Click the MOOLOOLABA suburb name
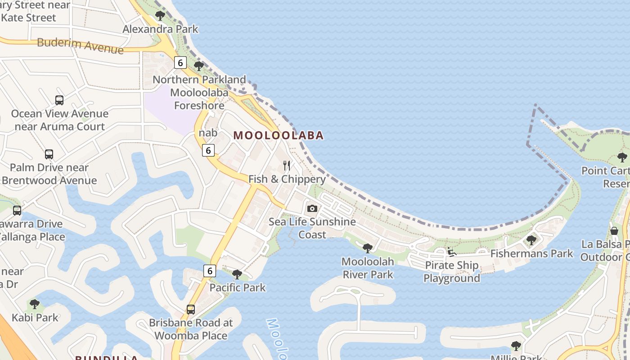click(279, 135)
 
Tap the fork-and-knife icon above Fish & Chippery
click(287, 166)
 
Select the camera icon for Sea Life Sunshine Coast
click(312, 208)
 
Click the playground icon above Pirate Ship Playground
click(452, 252)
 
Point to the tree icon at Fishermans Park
click(531, 240)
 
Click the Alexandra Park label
click(160, 29)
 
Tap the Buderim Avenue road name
click(80, 45)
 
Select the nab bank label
click(208, 133)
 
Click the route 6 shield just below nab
click(208, 150)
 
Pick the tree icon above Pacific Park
click(237, 274)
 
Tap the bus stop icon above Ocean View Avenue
click(59, 100)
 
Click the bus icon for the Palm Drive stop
click(49, 154)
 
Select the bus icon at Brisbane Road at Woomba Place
click(191, 310)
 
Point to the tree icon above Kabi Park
click(35, 304)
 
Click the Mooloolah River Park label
click(368, 268)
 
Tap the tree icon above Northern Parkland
click(198, 66)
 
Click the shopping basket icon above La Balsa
click(614, 231)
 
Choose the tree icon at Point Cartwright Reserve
click(622, 157)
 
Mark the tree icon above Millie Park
click(516, 346)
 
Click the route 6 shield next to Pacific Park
click(209, 270)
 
